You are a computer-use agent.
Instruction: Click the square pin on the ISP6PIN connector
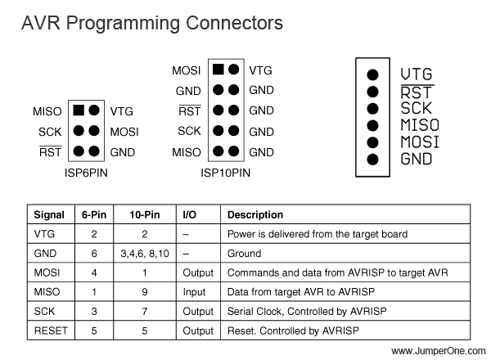pos(79,110)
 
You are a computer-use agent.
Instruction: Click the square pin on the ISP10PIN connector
pos(218,70)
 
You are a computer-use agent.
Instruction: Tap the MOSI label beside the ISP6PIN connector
pos(124,132)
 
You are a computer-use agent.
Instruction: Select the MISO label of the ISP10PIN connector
pos(187,152)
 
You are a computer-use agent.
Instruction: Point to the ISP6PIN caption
pos(86,173)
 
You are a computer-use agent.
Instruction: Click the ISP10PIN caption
pos(226,173)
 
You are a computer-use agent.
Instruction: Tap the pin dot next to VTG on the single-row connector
pos(372,74)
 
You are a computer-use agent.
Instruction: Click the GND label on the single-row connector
pos(417,159)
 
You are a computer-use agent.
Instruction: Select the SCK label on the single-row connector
pos(417,108)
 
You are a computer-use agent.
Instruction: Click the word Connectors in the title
pos(234,23)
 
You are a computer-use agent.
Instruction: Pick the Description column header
pos(255,214)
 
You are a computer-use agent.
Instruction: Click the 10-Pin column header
pos(145,214)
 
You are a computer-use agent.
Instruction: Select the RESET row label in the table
pos(51,331)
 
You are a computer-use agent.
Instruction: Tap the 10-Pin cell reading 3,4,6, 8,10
pos(145,254)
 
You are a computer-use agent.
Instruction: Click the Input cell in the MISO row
pos(194,292)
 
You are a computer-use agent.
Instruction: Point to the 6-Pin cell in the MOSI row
pos(94,272)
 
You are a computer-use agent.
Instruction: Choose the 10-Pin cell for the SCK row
pos(144,312)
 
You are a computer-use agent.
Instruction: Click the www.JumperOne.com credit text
pos(439,351)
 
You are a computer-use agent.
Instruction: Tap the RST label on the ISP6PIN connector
pos(51,151)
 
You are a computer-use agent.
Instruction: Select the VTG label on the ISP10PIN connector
pos(260,70)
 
